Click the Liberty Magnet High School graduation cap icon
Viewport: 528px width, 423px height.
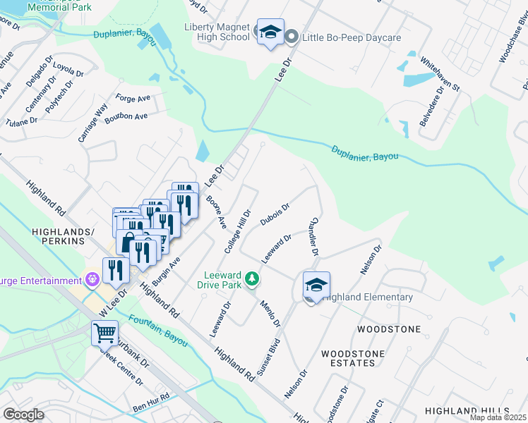click(x=270, y=32)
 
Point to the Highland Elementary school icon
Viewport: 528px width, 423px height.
click(x=316, y=284)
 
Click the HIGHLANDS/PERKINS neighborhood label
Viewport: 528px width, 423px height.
click(x=64, y=236)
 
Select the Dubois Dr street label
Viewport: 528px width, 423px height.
click(x=275, y=213)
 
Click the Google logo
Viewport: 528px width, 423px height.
click(x=23, y=415)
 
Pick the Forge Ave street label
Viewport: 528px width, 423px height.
click(x=133, y=99)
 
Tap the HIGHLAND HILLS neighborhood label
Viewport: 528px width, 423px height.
click(x=467, y=410)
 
